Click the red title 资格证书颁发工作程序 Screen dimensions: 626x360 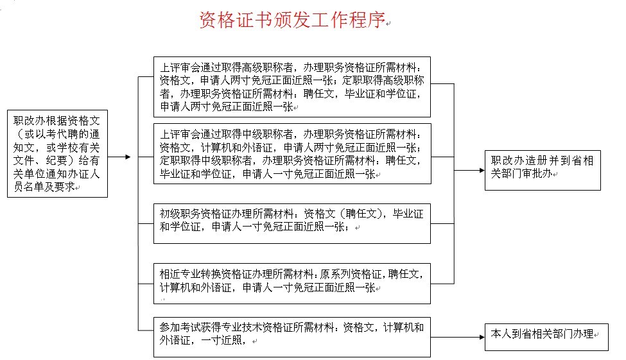(x=292, y=19)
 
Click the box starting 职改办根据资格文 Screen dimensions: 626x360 (x=58, y=153)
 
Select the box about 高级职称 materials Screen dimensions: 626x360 (x=292, y=87)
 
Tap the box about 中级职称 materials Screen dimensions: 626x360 (x=292, y=153)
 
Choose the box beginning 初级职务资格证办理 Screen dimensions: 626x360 (x=292, y=223)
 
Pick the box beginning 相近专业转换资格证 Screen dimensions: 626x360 (x=292, y=284)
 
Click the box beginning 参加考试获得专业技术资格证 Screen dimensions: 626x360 (x=292, y=338)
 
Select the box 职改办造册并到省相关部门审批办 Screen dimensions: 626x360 (x=543, y=171)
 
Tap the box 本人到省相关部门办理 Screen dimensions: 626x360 (x=546, y=338)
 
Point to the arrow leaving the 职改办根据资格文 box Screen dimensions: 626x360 (x=119, y=157)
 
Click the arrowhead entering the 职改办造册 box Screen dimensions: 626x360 (x=482, y=171)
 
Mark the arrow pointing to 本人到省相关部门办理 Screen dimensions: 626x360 (x=458, y=338)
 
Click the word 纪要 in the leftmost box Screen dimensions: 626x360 (x=57, y=160)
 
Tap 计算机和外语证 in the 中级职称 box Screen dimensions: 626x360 (x=237, y=148)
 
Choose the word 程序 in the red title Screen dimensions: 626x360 (x=367, y=19)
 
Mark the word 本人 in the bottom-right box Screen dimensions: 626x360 (x=501, y=334)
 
